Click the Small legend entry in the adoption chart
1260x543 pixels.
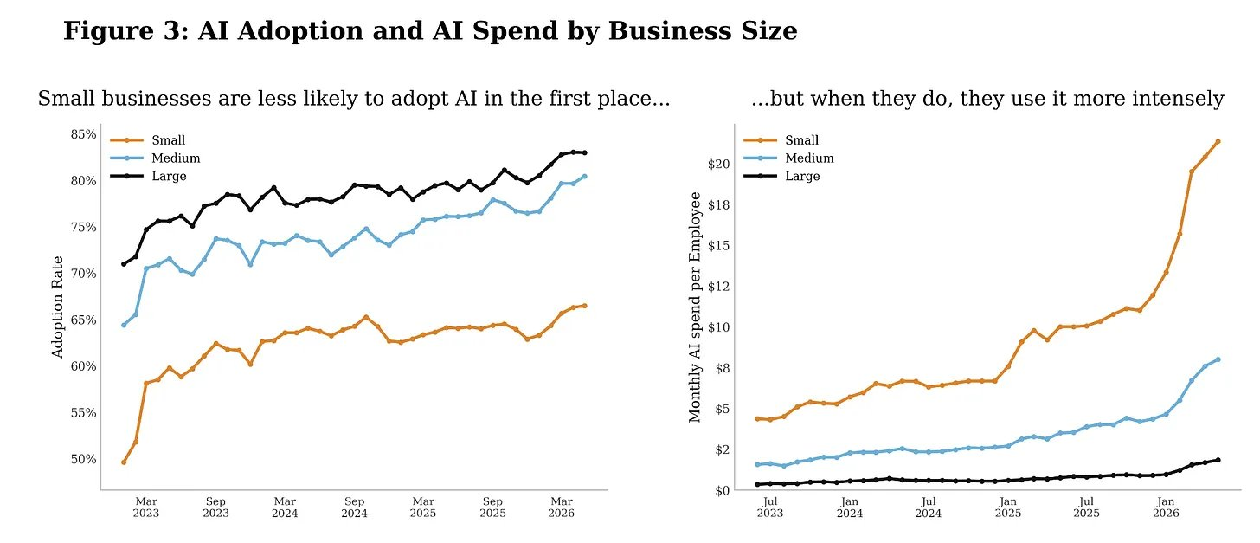[x=147, y=140]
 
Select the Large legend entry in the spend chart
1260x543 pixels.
[x=781, y=176]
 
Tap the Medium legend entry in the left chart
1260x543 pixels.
[x=155, y=158]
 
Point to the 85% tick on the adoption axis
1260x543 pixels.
[x=83, y=134]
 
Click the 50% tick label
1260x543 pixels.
[x=83, y=459]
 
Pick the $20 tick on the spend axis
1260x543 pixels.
[x=718, y=164]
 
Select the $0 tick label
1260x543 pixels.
[x=723, y=491]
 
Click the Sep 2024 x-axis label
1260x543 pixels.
[x=355, y=507]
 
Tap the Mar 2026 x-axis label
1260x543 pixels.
[x=562, y=507]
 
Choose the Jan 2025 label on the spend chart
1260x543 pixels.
[x=1007, y=507]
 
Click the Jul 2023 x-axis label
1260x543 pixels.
[x=769, y=507]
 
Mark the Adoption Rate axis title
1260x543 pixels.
[x=57, y=307]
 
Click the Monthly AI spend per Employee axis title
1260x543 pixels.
[x=695, y=307]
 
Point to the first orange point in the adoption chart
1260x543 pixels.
[x=124, y=462]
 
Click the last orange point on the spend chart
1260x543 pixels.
[x=1218, y=141]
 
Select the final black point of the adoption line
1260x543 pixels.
[x=585, y=152]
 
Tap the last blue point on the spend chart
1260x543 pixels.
[x=1218, y=359]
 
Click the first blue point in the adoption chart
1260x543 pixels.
[x=124, y=326]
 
